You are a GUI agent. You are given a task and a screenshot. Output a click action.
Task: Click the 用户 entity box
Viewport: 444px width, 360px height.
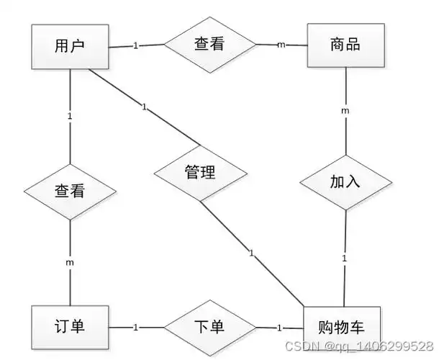tap(70, 46)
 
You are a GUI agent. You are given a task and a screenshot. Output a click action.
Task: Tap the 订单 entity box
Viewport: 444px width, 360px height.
tap(70, 327)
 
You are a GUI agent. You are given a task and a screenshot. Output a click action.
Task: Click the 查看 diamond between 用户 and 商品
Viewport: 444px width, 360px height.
tap(209, 45)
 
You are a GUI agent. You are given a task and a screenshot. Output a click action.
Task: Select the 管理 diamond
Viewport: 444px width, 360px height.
tap(200, 173)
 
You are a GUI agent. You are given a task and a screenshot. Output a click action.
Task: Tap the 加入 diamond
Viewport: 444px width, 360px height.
tap(345, 181)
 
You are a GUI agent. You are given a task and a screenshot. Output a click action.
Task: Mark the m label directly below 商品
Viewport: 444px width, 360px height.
tap(345, 111)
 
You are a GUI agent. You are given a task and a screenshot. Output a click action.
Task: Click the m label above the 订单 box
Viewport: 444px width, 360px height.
tap(70, 263)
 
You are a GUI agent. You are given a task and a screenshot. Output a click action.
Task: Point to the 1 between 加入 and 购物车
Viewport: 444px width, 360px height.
tap(345, 258)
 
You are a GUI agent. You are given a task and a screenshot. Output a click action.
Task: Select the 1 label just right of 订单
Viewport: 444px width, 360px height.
tap(135, 328)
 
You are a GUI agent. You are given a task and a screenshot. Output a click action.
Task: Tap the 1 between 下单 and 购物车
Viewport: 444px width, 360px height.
tap(280, 328)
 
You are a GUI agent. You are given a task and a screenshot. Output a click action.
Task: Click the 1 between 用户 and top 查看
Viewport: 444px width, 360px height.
tap(135, 45)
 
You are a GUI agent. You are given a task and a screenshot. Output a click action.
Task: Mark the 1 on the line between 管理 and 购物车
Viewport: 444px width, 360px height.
tap(251, 253)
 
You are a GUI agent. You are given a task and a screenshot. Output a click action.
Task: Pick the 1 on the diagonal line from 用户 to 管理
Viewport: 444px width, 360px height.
tap(144, 107)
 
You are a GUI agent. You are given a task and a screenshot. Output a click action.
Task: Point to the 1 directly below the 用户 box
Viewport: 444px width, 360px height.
tap(70, 116)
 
